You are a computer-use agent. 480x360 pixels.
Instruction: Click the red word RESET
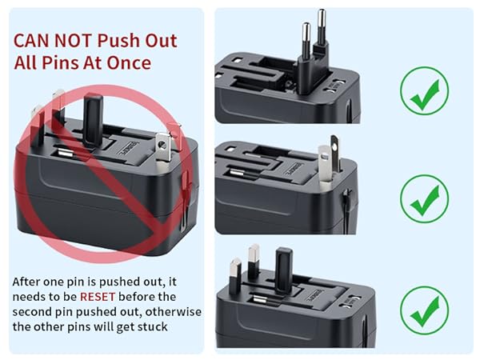[x=98, y=296]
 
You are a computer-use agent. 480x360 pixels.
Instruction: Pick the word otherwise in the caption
[x=170, y=311]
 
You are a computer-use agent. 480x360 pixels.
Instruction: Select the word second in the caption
[x=34, y=311]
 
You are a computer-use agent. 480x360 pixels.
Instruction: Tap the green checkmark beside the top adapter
[x=424, y=90]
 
